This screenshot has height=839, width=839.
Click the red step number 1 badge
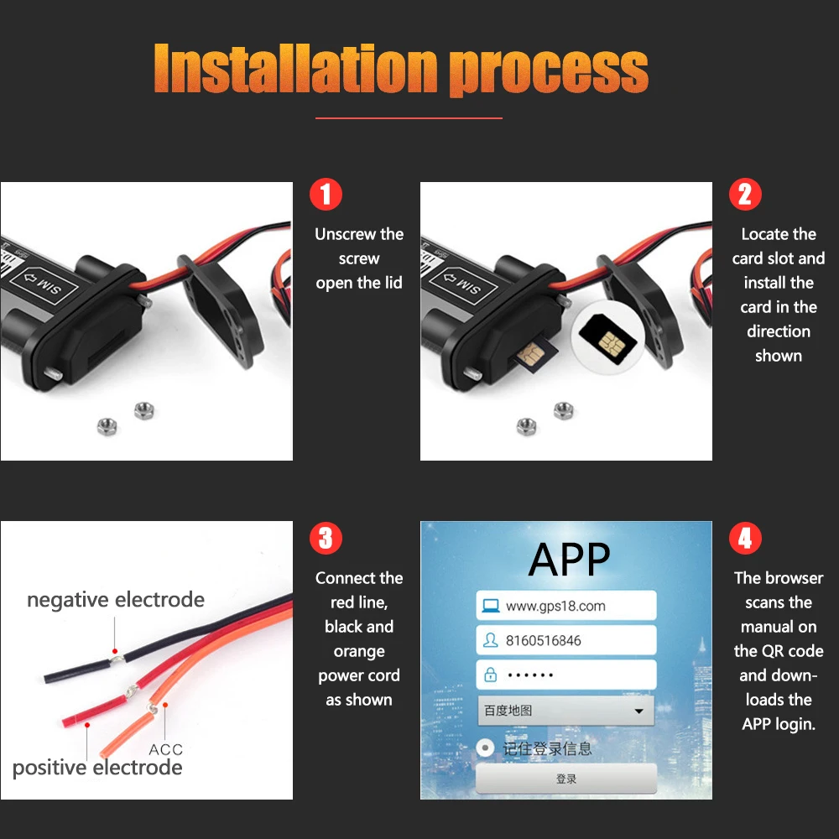click(326, 195)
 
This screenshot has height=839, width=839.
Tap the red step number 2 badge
click(745, 195)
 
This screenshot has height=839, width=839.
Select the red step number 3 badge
click(326, 539)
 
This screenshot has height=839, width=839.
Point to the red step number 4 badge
click(745, 539)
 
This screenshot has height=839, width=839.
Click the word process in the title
click(549, 70)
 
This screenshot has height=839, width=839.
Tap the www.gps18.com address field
click(565, 606)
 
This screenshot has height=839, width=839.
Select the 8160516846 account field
click(565, 641)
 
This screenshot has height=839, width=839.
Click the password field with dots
click(565, 675)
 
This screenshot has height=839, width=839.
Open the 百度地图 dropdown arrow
click(640, 711)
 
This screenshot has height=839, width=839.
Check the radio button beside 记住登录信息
click(485, 748)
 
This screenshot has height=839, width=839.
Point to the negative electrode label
click(116, 600)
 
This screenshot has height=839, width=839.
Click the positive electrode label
click(97, 768)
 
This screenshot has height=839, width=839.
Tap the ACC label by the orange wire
click(165, 749)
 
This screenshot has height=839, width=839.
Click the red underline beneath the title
click(409, 118)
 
